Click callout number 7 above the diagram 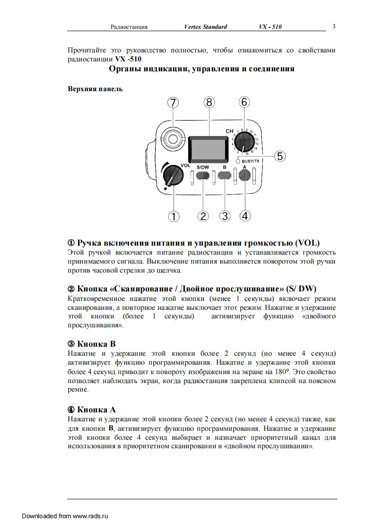[x=174, y=102]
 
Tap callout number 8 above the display [x=209, y=102]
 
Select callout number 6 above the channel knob [x=244, y=102]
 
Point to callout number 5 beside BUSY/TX [x=280, y=156]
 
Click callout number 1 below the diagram [x=174, y=216]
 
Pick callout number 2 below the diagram [x=203, y=216]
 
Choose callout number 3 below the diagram [x=225, y=216]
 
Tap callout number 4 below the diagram [x=245, y=216]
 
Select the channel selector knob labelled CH [x=244, y=141]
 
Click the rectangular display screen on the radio [x=206, y=147]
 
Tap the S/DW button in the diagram [x=203, y=176]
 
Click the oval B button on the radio [x=225, y=176]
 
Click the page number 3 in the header [x=334, y=26]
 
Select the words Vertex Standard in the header [x=205, y=27]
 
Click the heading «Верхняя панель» [x=95, y=88]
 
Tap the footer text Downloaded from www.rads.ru [x=65, y=516]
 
